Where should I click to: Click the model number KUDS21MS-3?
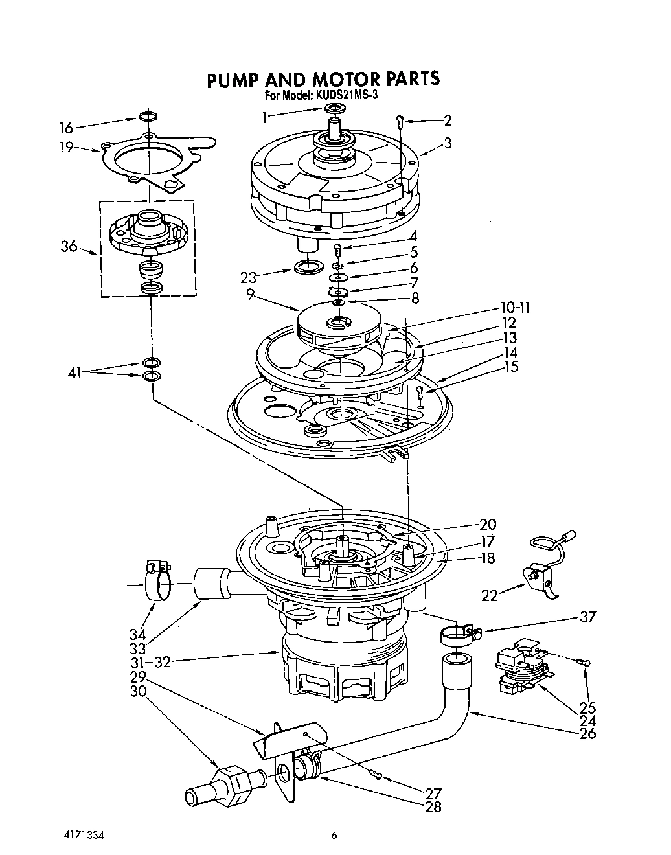(x=346, y=95)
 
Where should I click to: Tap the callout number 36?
(x=68, y=246)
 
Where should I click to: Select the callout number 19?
(x=66, y=147)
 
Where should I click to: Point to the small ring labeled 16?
(x=148, y=117)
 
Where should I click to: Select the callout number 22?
(x=490, y=595)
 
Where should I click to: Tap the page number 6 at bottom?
(x=334, y=836)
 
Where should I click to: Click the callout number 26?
(x=587, y=733)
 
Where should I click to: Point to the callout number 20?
(x=487, y=525)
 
